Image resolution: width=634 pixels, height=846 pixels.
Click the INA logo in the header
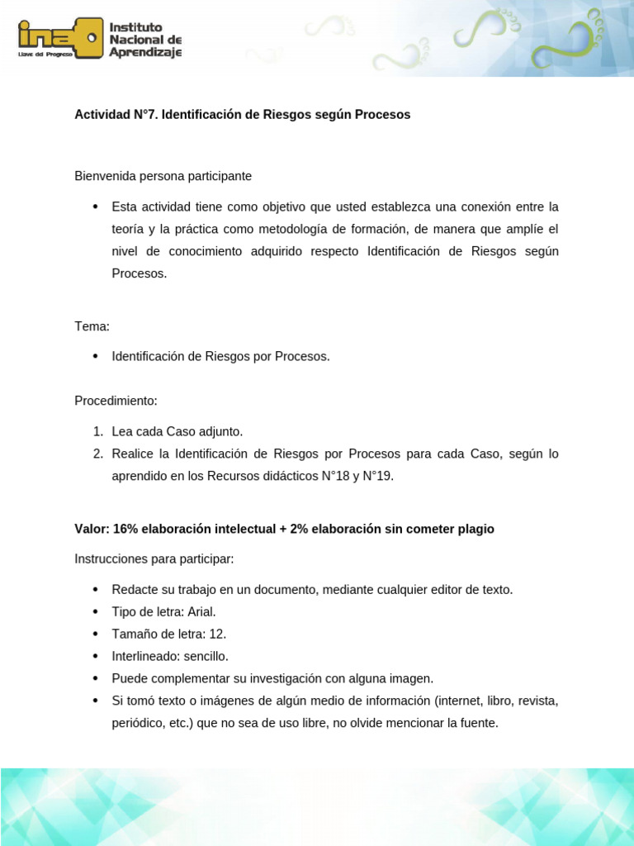[60, 38]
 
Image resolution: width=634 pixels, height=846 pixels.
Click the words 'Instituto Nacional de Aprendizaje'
[145, 40]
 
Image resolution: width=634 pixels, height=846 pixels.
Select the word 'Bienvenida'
[103, 176]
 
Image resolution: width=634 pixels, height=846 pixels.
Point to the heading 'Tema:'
[92, 326]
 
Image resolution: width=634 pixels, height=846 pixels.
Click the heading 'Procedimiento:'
[116, 401]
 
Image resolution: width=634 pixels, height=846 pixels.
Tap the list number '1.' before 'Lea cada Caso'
[97, 431]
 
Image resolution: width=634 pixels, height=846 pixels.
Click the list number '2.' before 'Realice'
[97, 454]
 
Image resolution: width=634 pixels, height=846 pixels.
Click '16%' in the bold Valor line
[127, 529]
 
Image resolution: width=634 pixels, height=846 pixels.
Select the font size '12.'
[218, 634]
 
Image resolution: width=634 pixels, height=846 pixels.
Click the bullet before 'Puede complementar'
[94, 678]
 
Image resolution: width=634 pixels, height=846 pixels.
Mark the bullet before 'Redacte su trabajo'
[94, 589]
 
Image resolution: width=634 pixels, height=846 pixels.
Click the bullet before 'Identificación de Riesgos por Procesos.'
[94, 356]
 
